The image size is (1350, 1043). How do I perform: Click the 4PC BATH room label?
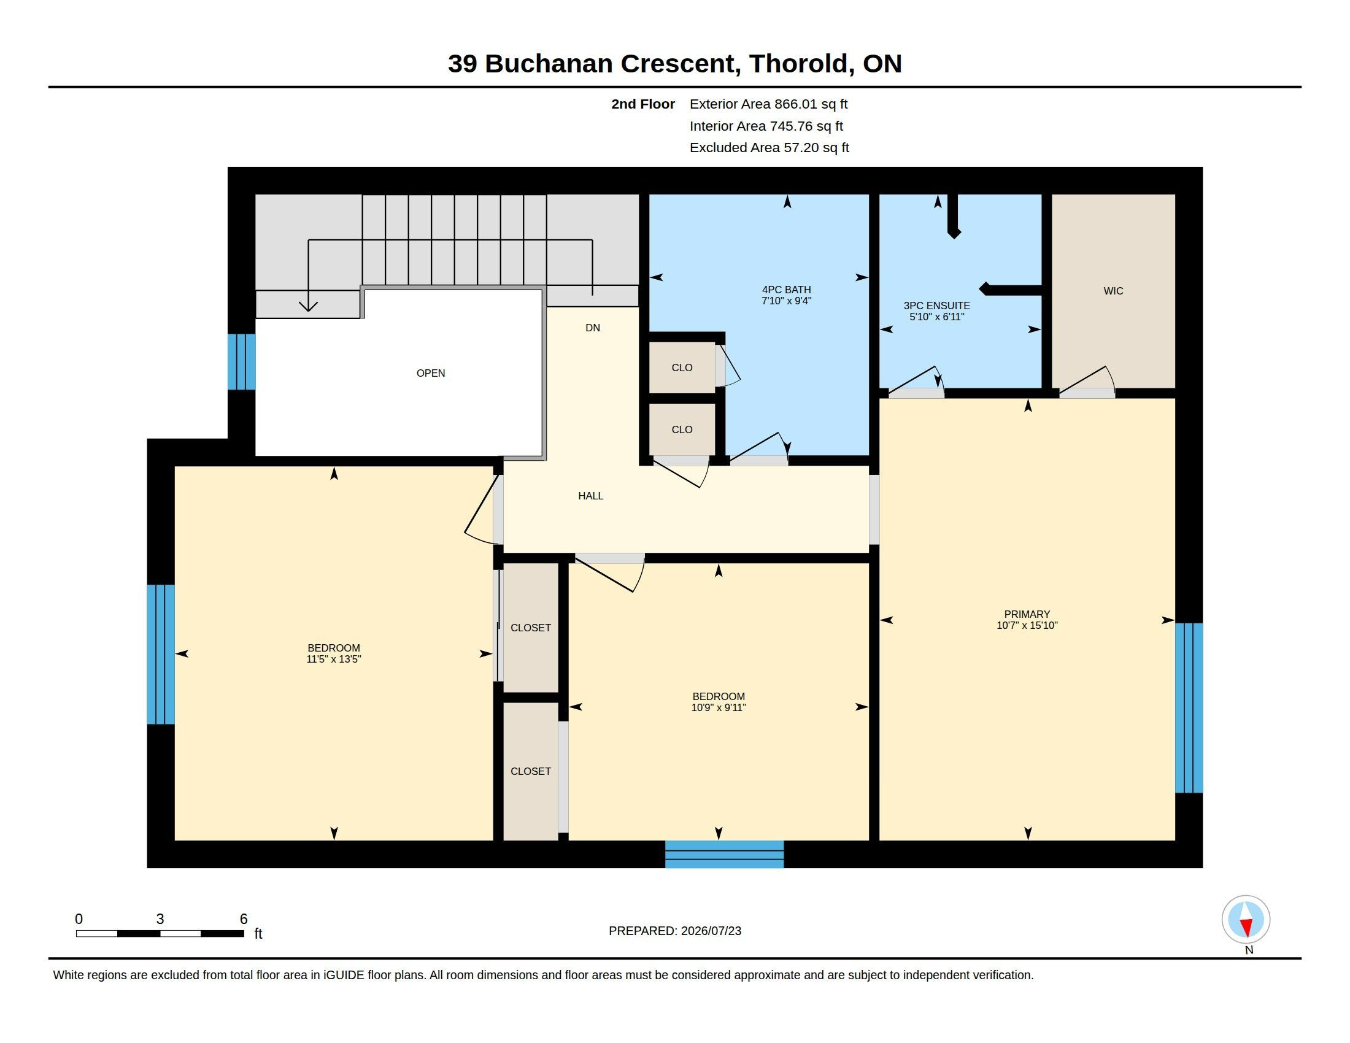[x=786, y=290]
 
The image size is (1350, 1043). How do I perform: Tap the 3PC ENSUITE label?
[x=936, y=306]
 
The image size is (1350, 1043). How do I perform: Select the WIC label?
[x=1113, y=291]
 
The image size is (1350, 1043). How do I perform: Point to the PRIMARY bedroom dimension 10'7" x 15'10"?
[x=1027, y=625]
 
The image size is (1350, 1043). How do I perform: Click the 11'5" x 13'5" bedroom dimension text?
[x=334, y=660]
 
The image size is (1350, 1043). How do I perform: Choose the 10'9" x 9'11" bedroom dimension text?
[x=719, y=707]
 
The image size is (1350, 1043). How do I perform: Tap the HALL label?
[x=590, y=496]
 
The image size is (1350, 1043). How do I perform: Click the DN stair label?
[x=593, y=328]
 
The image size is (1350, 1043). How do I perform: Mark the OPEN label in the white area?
[x=431, y=373]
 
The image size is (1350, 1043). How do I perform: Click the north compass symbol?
[x=1246, y=920]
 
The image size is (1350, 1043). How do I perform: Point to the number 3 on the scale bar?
[x=160, y=919]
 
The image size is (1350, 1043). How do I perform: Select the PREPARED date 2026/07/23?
[x=711, y=931]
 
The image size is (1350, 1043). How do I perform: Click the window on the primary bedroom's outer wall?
[x=1189, y=707]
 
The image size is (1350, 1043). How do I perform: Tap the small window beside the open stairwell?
[x=241, y=362]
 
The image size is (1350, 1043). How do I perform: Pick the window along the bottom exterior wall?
[x=725, y=854]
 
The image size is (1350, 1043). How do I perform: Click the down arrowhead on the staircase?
[x=309, y=306]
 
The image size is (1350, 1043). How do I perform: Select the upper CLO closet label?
[x=682, y=368]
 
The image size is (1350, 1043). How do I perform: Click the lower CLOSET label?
[x=530, y=772]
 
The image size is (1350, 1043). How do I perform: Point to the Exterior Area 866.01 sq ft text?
[x=768, y=104]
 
